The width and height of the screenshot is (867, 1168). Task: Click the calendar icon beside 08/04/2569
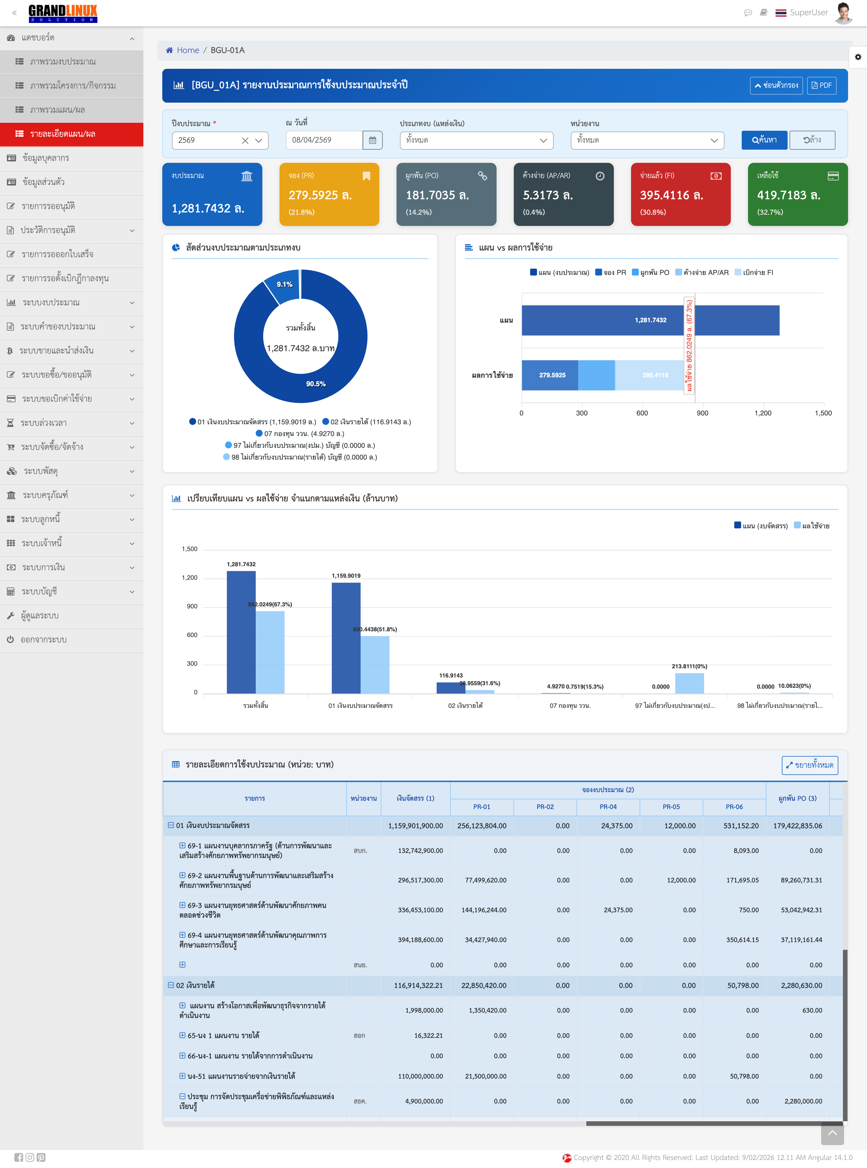tap(372, 140)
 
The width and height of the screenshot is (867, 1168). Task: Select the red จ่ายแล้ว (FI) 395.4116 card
tap(680, 194)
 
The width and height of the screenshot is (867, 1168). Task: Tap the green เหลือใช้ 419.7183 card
tap(797, 194)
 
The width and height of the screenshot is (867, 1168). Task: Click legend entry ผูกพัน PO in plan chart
tap(651, 272)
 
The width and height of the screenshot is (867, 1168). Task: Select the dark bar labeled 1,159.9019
tap(346, 638)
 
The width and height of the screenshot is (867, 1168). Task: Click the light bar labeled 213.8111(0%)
tap(689, 683)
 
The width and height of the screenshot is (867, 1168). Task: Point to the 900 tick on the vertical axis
tap(192, 607)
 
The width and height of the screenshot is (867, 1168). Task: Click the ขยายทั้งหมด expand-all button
tap(809, 765)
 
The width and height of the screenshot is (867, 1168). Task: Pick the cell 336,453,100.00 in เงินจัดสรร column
tap(420, 910)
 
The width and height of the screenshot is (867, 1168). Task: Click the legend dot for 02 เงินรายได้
tap(325, 421)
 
